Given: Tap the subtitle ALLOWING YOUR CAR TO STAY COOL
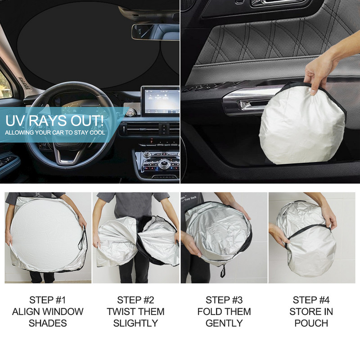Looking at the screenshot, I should pos(55,133).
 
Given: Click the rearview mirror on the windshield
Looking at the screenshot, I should pos(155,32).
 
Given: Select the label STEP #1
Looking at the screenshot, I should pos(48,300).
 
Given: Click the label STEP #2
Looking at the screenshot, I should pos(135,300).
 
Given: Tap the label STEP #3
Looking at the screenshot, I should pos(224,300).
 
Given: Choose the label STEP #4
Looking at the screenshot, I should pos(311,300).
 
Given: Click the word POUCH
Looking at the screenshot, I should pos(311,323).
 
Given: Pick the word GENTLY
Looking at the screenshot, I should pos(224,323).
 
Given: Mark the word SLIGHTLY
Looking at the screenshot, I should pos(135,323).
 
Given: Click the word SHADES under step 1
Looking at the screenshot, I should pos(48,323).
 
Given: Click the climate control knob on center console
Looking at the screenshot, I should pos(164,164).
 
